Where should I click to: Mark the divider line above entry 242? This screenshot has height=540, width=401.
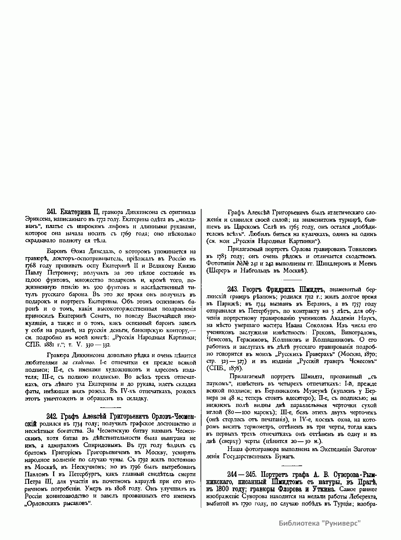pos(110,407)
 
